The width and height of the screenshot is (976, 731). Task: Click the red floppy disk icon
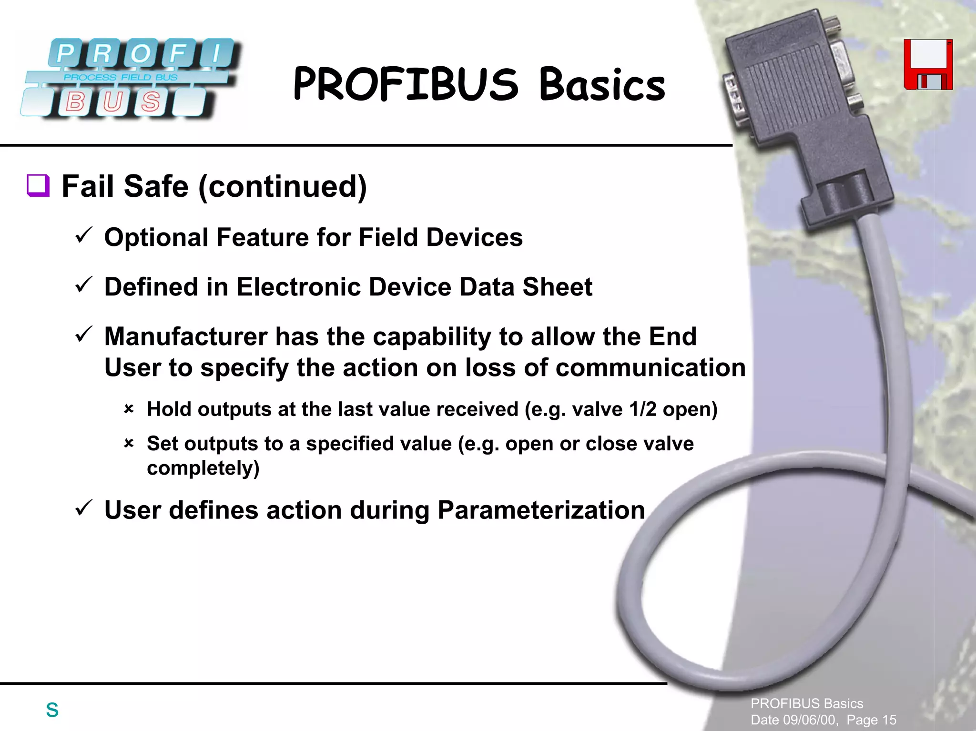click(928, 65)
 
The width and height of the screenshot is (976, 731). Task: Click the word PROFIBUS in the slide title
click(406, 84)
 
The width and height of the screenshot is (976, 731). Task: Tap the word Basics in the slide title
click(602, 85)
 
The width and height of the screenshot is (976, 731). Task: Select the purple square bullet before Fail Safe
click(38, 185)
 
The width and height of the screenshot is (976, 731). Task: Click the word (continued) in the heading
click(282, 186)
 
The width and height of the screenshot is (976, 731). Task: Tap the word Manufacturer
click(185, 336)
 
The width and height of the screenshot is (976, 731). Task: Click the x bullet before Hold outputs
click(129, 409)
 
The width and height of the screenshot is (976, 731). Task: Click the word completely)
click(203, 468)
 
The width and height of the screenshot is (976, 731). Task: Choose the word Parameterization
click(541, 510)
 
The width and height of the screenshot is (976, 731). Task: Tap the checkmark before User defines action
click(83, 508)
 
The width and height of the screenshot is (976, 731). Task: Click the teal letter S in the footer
click(52, 710)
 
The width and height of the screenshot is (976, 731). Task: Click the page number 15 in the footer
click(889, 720)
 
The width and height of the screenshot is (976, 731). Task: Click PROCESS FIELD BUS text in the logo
click(121, 77)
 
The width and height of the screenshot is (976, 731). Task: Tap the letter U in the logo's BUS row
click(112, 102)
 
